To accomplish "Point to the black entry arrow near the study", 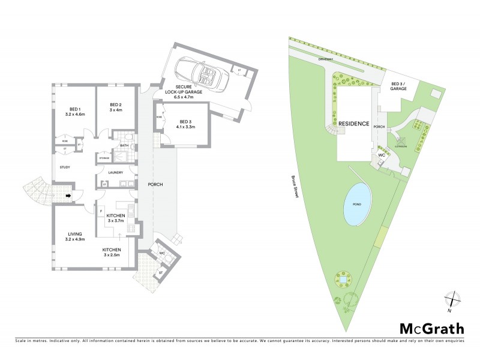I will tap(68, 195).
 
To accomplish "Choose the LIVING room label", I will tap(75, 233).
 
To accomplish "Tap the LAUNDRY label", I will tap(115, 172).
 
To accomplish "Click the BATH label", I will tap(124, 145).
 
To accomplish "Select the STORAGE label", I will tap(104, 158).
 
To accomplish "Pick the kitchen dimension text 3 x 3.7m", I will tap(115, 221).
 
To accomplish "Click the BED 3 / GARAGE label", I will tap(399, 86).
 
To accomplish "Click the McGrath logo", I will tap(431, 328).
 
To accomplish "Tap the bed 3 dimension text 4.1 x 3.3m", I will tap(186, 127).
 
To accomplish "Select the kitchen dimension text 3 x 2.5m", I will tap(112, 256).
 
